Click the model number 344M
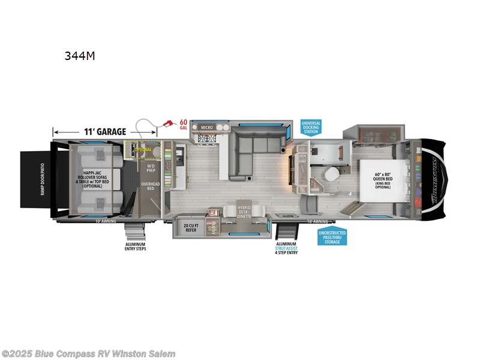point(80,56)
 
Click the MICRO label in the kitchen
point(207,127)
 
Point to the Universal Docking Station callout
point(311,127)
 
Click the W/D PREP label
point(150,169)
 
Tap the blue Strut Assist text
point(286,248)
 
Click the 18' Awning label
point(316,221)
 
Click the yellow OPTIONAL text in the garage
point(143,149)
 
